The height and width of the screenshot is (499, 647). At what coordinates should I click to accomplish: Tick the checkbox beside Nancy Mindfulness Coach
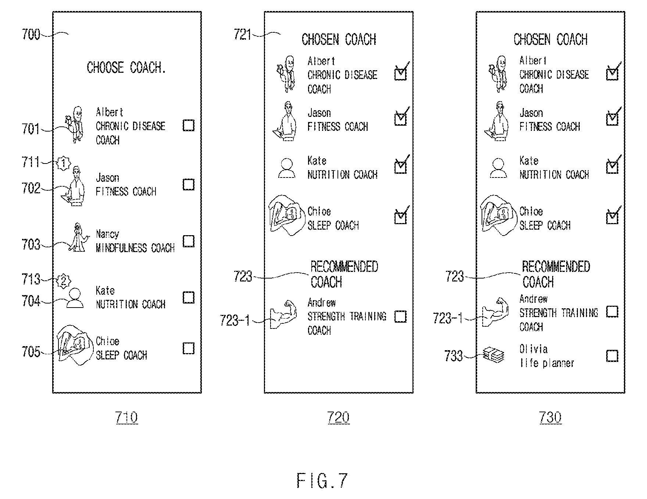tap(189, 241)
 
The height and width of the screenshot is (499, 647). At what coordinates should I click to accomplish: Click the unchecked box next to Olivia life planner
tap(612, 356)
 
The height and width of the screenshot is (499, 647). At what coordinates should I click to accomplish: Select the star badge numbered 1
tap(64, 163)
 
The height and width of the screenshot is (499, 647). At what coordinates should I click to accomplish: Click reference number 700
tap(31, 35)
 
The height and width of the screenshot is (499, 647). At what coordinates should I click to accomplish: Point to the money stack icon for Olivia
tap(494, 355)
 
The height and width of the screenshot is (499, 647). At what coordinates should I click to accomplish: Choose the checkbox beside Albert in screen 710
tap(189, 125)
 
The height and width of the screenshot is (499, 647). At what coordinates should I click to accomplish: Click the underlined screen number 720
tap(339, 417)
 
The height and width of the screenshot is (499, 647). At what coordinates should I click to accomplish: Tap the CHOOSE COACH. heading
tap(126, 68)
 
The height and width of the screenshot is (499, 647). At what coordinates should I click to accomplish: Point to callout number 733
tap(454, 356)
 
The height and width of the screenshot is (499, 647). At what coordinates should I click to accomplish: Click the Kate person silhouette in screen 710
tap(75, 298)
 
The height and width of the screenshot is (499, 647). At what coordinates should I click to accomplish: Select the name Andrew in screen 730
tap(533, 299)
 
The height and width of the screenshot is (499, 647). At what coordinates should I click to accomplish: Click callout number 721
tap(243, 35)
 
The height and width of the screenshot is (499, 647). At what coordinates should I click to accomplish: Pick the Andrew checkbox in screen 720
tap(400, 316)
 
